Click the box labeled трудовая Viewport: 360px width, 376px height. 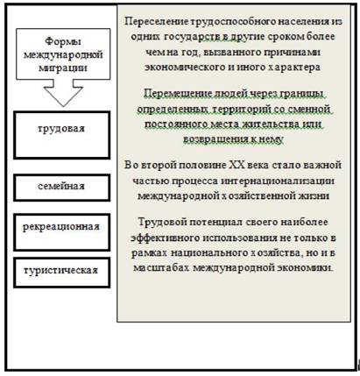tap(62, 135)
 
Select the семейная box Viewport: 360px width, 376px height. tap(62, 188)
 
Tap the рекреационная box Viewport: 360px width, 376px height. tap(62, 232)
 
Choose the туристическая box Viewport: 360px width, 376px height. tap(62, 273)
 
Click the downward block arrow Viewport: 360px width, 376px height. tap(63, 93)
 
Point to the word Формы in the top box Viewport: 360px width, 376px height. tap(63, 41)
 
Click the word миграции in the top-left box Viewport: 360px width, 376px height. tap(63, 67)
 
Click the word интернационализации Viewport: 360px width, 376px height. tap(278, 181)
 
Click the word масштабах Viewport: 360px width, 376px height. tap(161, 267)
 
